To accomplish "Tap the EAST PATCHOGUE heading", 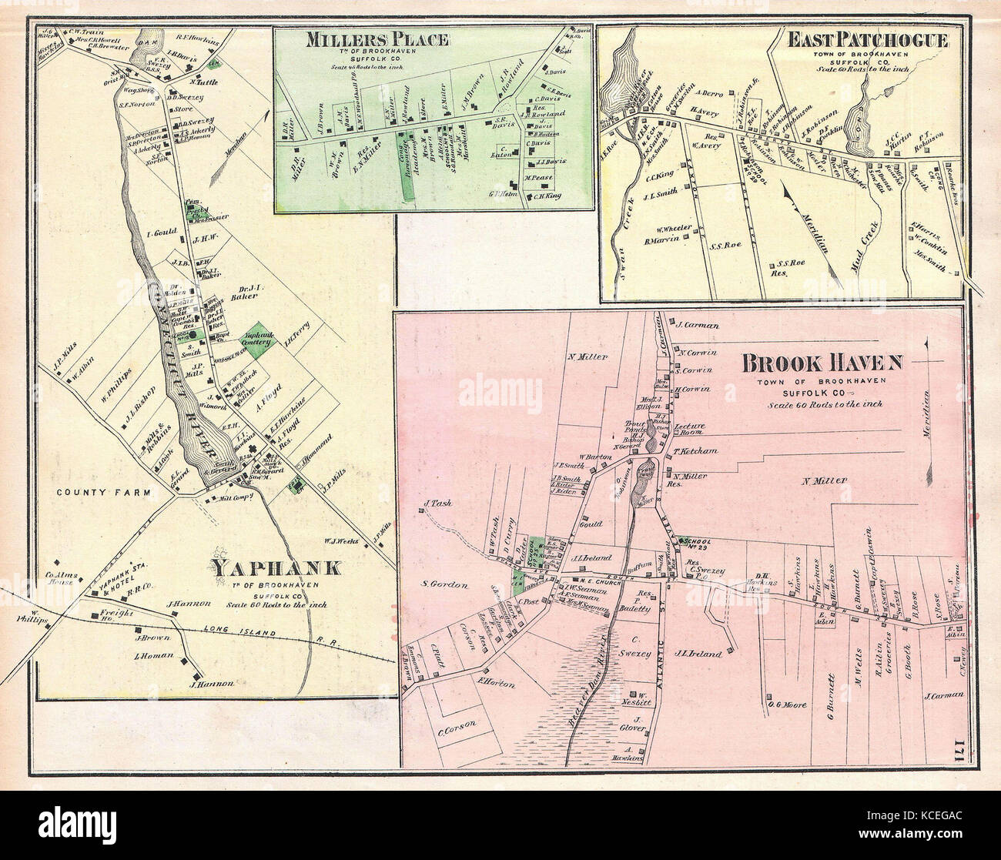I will click(868, 41).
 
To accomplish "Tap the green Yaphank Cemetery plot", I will click(259, 338).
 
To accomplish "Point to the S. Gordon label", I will click(445, 585).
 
